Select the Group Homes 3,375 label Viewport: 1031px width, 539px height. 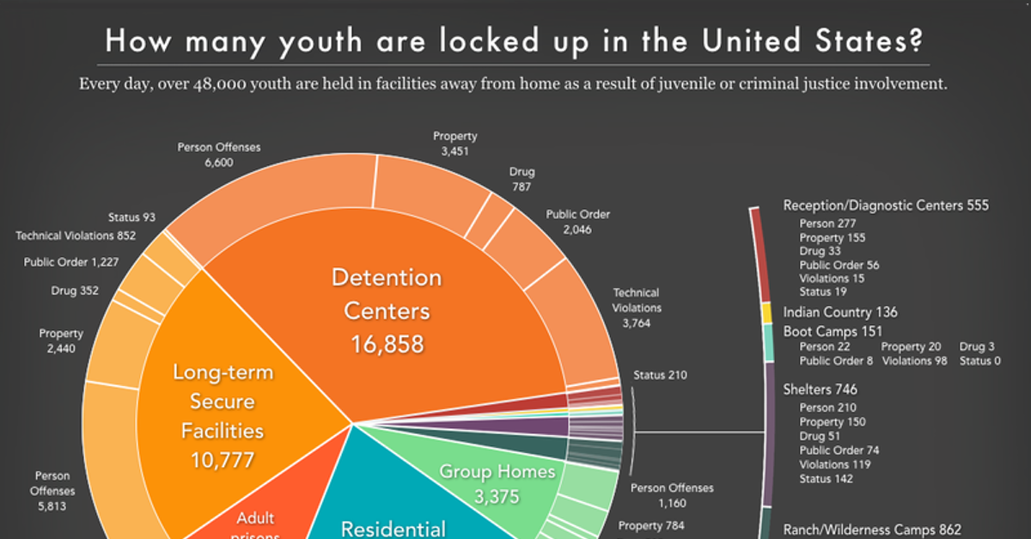click(x=497, y=482)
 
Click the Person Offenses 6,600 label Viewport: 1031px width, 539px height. click(x=219, y=155)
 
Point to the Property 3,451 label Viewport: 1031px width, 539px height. click(x=454, y=144)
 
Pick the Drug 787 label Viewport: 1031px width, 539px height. click(x=521, y=179)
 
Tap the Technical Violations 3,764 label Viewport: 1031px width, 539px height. click(x=636, y=308)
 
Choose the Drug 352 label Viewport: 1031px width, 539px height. click(x=74, y=291)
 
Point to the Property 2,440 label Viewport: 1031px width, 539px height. click(x=61, y=341)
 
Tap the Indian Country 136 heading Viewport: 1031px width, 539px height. click(x=840, y=312)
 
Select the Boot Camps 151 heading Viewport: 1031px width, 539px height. click(x=832, y=332)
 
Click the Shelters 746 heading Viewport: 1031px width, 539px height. click(x=820, y=389)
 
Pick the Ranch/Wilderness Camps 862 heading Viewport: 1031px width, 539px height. click(x=871, y=530)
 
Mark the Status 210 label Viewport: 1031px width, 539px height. click(x=660, y=375)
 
